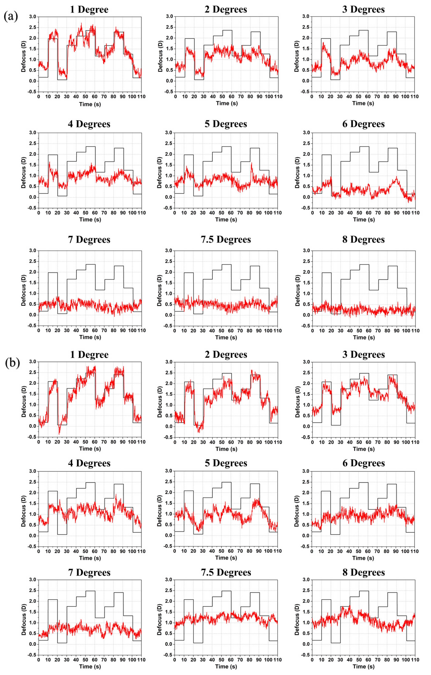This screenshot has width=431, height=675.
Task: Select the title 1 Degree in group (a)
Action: coord(89,10)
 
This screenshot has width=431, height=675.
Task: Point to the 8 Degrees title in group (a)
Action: coord(363,239)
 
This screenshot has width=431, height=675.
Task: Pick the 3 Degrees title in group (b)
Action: coord(363,354)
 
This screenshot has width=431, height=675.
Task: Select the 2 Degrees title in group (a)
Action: coord(226,10)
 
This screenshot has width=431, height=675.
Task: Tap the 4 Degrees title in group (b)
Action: coord(89,463)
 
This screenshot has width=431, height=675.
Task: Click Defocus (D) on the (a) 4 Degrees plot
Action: coord(24,172)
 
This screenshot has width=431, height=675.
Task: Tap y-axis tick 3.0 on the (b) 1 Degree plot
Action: coord(33,362)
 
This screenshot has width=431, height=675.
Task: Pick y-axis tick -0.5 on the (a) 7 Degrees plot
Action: coord(32,326)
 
